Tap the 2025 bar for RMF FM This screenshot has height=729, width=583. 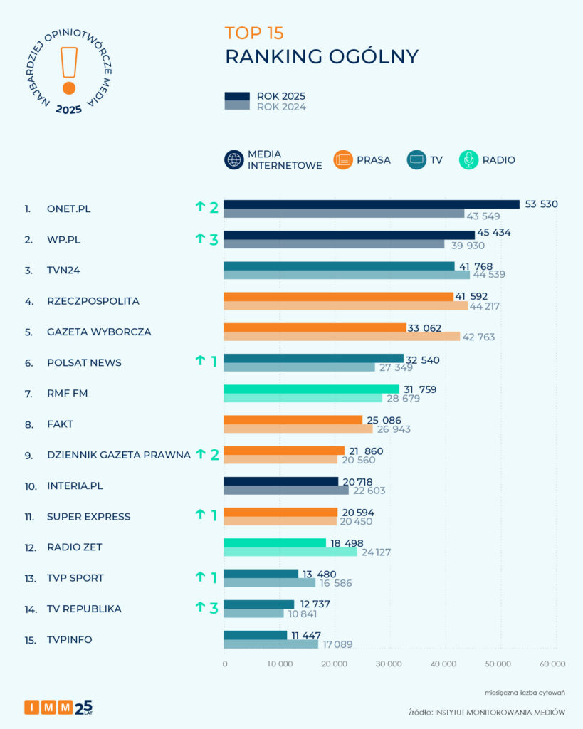coord(311,389)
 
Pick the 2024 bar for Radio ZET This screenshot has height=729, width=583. coord(290,552)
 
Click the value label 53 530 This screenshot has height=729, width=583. coord(541,204)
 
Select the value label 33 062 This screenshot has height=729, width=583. coord(424,327)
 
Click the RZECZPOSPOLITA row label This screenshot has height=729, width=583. coord(93,301)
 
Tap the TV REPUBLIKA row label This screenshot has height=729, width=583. coord(83,609)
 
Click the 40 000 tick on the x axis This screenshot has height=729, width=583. coord(443,664)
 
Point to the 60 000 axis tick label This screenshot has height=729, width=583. coord(552,664)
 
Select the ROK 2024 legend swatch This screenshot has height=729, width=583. coord(237,106)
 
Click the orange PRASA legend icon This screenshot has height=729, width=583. coord(342,160)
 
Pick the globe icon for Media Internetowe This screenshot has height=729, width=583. coord(233,160)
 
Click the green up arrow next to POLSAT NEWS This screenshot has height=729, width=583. coord(200,361)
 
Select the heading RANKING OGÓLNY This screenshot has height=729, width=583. coord(322,57)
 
